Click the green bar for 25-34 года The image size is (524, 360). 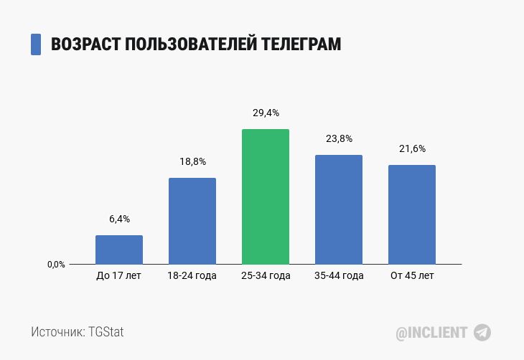click(x=266, y=196)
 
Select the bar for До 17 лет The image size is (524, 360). click(x=119, y=250)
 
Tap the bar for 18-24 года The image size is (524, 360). click(x=192, y=221)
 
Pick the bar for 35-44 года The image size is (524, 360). click(x=339, y=209)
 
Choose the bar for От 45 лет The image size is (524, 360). click(x=412, y=214)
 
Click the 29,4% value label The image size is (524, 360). click(x=266, y=113)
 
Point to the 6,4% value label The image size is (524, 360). click(x=119, y=219)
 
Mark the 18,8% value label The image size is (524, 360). click(x=192, y=162)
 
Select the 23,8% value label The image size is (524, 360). click(x=339, y=139)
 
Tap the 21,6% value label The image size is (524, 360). click(x=412, y=149)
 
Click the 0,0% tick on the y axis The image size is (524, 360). click(x=57, y=265)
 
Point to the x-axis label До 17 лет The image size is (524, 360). click(x=119, y=276)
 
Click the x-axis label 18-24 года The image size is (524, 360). click(x=192, y=276)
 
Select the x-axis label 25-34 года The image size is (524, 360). click(x=266, y=276)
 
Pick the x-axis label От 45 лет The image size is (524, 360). click(x=412, y=276)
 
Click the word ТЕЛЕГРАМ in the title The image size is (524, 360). click(x=299, y=44)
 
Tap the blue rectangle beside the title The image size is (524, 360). click(x=36, y=44)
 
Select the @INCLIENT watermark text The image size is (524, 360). click(x=431, y=333)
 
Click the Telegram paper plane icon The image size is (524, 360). click(x=482, y=333)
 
